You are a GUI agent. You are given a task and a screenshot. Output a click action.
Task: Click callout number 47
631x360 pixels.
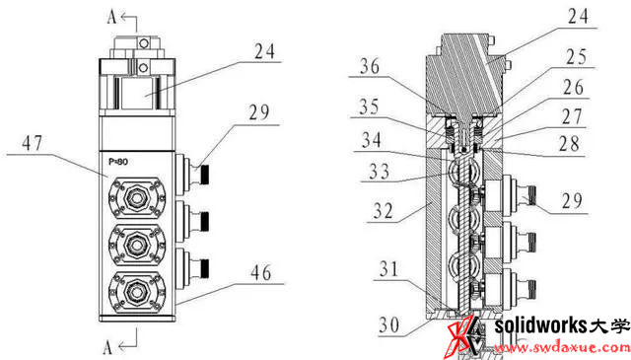click(x=33, y=143)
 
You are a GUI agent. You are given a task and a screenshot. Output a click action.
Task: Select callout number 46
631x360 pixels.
click(x=261, y=273)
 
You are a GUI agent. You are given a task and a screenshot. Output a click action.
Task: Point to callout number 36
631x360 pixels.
click(x=370, y=66)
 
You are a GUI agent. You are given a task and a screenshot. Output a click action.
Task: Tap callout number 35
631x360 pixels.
click(x=369, y=107)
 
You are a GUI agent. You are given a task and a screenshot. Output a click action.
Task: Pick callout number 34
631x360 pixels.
click(x=372, y=140)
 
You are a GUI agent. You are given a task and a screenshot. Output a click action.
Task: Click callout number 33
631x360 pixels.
click(x=379, y=172)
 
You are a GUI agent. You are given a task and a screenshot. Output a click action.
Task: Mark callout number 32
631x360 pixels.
click(x=383, y=211)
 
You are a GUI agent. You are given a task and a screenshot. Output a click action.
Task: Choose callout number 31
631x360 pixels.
click(x=388, y=269)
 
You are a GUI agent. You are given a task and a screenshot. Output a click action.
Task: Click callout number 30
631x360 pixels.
click(x=389, y=325)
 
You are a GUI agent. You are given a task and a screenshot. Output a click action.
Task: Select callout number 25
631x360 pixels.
click(x=577, y=57)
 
